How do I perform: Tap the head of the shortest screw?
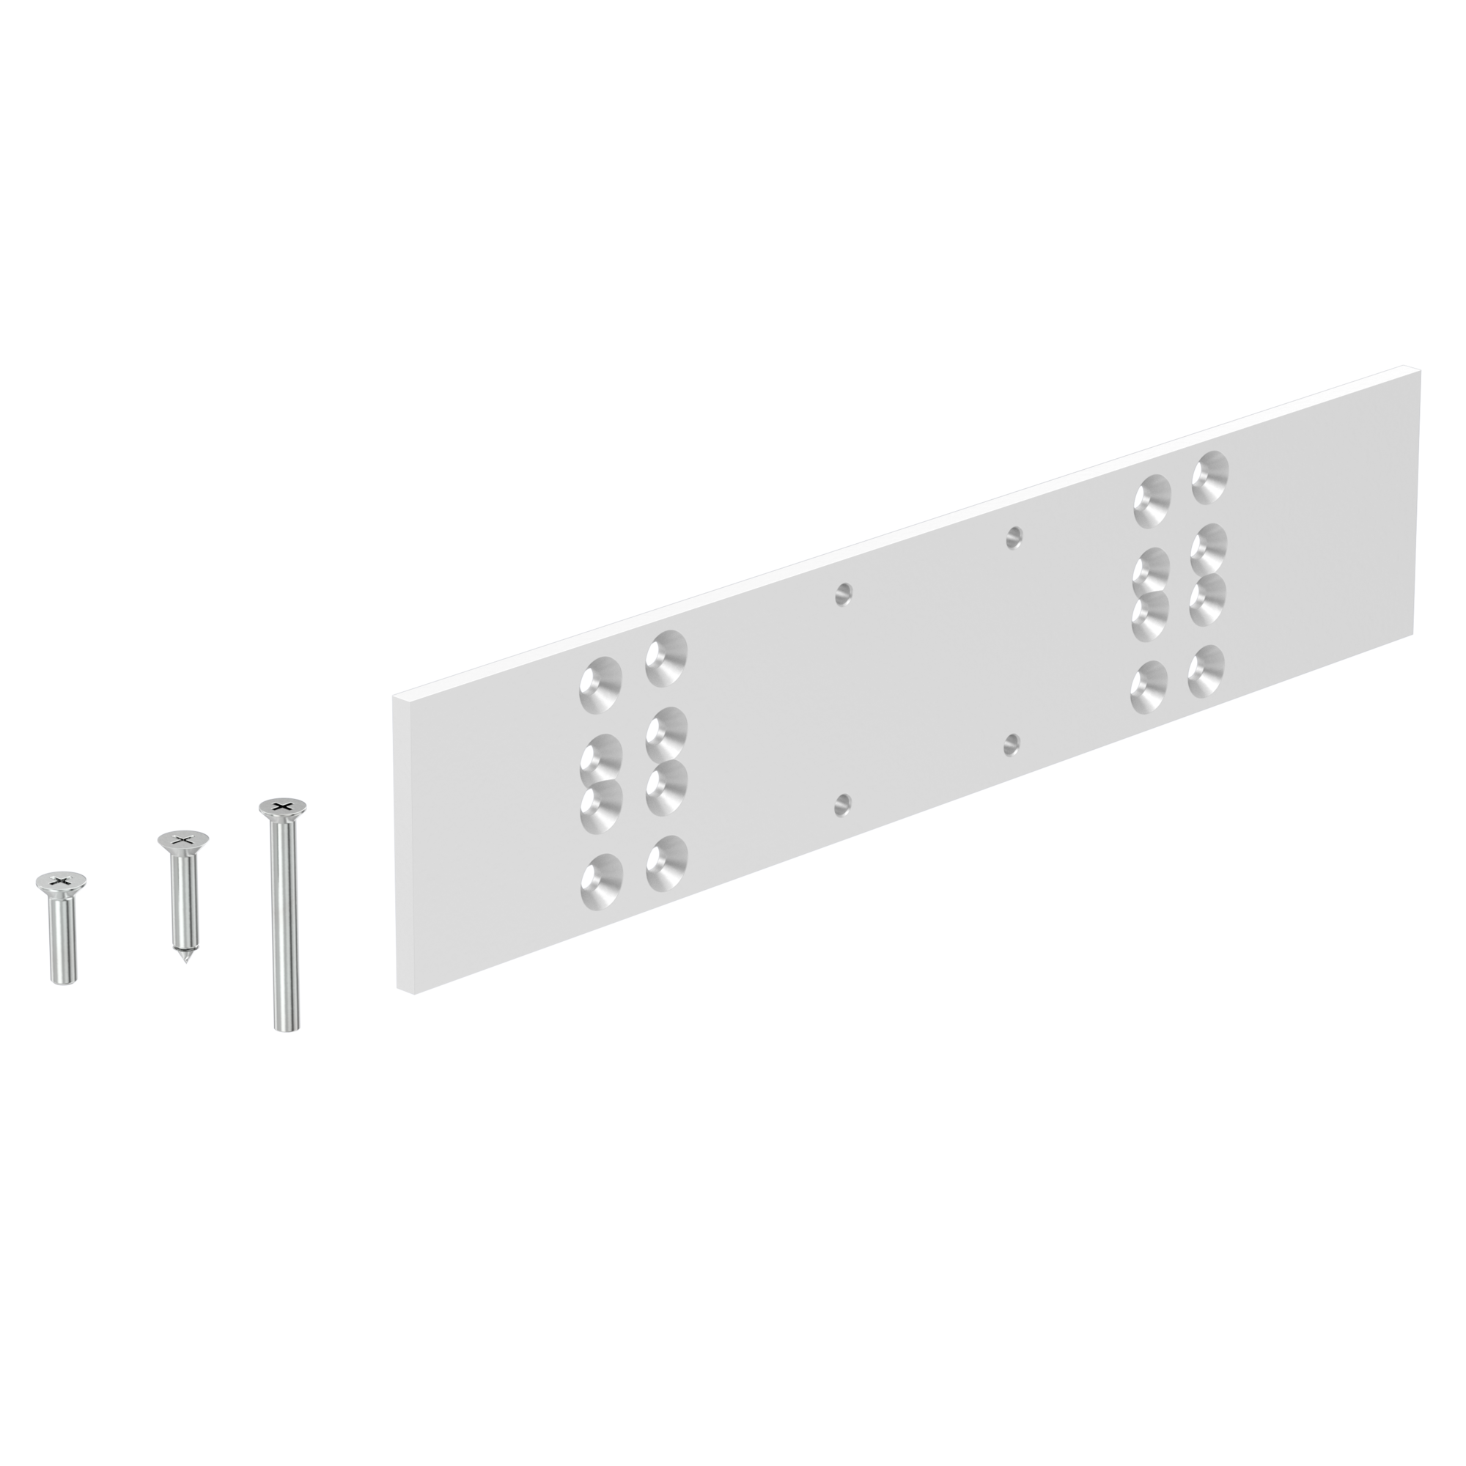pyautogui.click(x=61, y=881)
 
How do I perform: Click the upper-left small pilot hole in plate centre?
pyautogui.click(x=843, y=594)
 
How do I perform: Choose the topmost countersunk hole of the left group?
pyautogui.click(x=666, y=658)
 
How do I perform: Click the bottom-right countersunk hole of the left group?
pyautogui.click(x=666, y=863)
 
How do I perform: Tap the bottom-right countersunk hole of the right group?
pyautogui.click(x=1207, y=671)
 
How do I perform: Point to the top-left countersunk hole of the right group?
pyautogui.click(x=1152, y=501)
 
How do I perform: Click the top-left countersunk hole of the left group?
pyautogui.click(x=601, y=685)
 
